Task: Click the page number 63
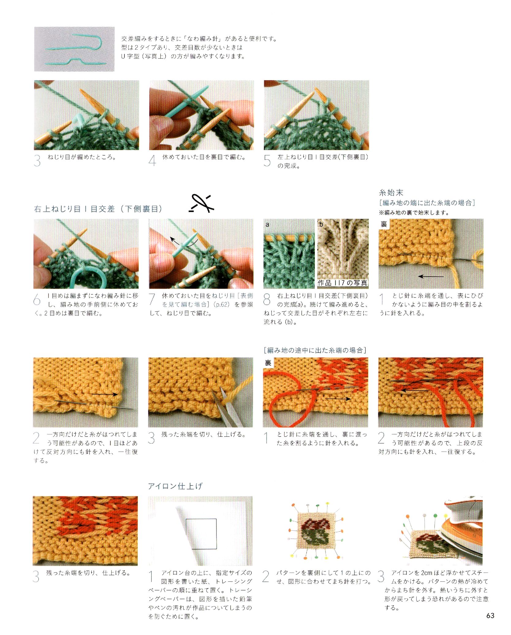tap(490, 615)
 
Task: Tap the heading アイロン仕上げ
tap(175, 486)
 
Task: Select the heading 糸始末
tap(391, 193)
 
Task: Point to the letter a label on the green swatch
tap(267, 225)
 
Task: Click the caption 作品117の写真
tap(342, 283)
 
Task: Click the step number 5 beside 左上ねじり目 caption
tap(267, 161)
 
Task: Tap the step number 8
tap(267, 299)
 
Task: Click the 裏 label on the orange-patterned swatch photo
tap(268, 363)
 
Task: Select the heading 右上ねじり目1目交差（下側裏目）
tap(98, 209)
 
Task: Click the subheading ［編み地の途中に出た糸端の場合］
tap(315, 350)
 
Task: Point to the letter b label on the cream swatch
tap(321, 225)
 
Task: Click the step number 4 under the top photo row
tap(152, 161)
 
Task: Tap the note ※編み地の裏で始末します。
tap(414, 212)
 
